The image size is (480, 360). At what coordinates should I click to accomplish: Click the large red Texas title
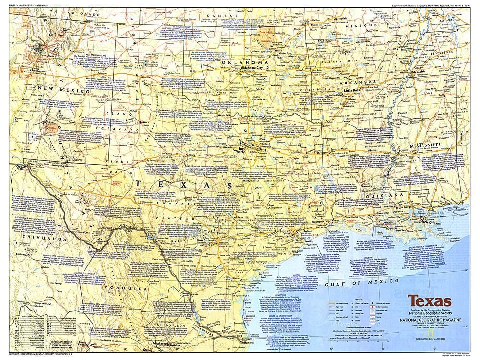click(430, 302)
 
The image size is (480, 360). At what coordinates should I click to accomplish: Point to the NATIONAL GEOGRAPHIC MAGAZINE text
click(430, 324)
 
